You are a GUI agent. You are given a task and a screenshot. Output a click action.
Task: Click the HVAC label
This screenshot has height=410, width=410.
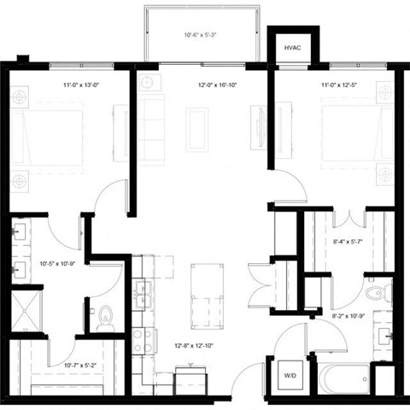pyautogui.click(x=292, y=49)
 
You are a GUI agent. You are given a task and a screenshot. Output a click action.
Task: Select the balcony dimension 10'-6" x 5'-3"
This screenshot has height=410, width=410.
pyautogui.click(x=201, y=35)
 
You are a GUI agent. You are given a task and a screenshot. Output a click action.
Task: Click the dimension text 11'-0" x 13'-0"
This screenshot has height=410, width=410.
pyautogui.click(x=81, y=85)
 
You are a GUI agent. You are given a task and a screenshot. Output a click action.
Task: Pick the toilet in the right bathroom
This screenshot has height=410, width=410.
pyautogui.click(x=375, y=293)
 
